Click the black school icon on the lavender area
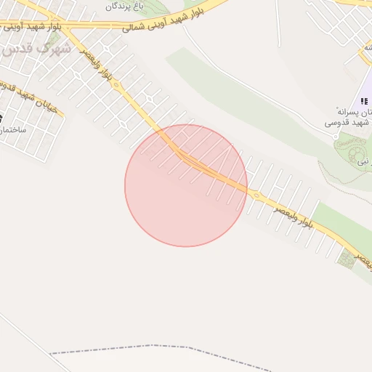coord(363,101)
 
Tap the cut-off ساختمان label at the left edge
coord(12,129)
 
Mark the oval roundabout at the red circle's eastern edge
coord(254,194)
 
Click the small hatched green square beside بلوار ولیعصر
coord(346,259)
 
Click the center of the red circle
coord(186,185)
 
